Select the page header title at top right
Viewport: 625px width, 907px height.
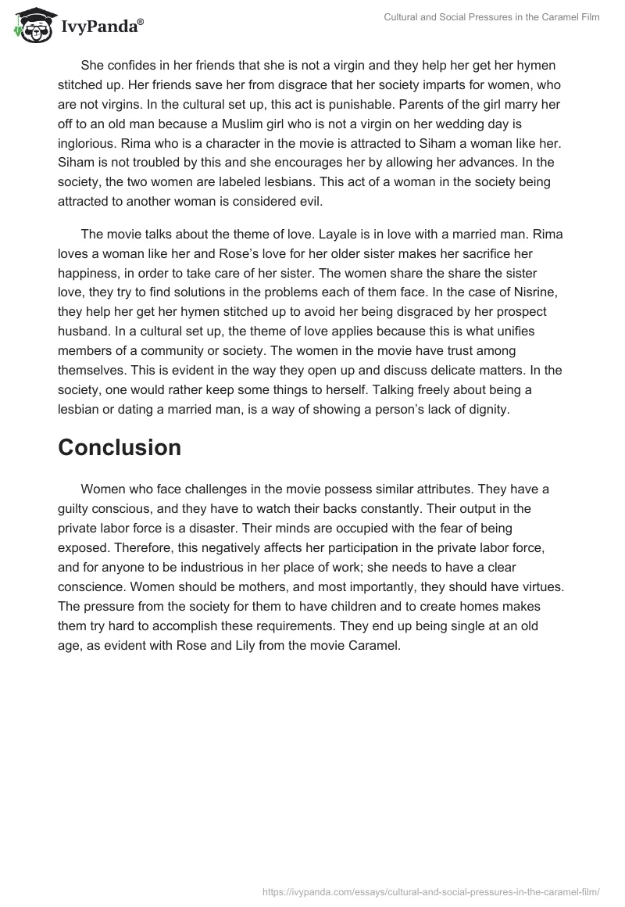491,17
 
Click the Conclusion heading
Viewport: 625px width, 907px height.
120,447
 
